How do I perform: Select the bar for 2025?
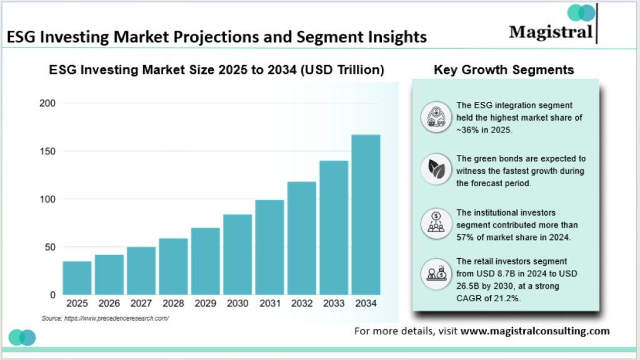coord(77,277)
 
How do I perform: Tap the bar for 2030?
coord(237,254)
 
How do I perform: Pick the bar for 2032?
coord(302,238)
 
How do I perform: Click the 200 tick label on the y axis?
coord(47,103)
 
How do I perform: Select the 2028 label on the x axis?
coord(173,304)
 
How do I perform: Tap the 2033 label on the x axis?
coord(334,304)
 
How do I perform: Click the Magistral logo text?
coord(550,31)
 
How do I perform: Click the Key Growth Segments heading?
coord(504,70)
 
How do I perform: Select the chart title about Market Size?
coord(216,70)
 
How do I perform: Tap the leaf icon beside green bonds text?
coord(435,168)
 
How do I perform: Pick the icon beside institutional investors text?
coord(435,221)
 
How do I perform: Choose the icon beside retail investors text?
coord(435,273)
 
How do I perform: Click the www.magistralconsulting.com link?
coord(534,331)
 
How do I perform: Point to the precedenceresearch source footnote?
coord(105,318)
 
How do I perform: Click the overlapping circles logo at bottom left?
coord(22,337)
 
